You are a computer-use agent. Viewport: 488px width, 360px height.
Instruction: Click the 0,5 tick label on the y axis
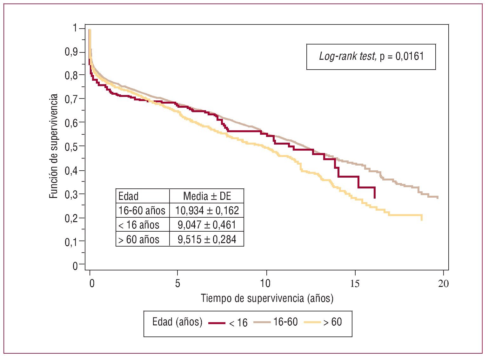71,146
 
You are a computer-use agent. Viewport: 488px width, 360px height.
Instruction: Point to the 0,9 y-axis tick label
71,52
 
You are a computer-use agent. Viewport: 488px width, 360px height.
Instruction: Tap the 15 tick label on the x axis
355,283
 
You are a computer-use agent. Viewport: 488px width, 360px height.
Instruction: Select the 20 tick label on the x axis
443,283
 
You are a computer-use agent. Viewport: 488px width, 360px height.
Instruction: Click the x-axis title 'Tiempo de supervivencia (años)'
267,298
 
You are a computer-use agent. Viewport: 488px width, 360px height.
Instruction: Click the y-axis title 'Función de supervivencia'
54,146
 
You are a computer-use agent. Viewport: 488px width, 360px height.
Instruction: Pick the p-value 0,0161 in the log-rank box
410,57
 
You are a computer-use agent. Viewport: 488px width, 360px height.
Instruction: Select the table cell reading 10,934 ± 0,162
207,210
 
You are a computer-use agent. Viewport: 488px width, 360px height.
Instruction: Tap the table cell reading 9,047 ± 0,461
207,225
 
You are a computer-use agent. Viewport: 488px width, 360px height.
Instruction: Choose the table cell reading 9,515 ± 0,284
207,239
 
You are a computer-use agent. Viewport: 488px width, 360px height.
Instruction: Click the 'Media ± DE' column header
207,196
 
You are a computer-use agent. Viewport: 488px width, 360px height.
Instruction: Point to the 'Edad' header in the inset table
128,196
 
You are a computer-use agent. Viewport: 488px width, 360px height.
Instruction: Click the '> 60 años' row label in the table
139,239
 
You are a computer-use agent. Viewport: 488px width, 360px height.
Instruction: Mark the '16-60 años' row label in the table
142,210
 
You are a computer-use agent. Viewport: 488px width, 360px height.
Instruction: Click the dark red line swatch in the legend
217,323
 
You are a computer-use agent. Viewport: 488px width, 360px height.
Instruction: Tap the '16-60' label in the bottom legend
285,322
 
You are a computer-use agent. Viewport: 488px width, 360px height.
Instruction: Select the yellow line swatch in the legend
312,323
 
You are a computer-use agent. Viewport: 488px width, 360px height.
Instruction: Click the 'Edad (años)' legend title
177,322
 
